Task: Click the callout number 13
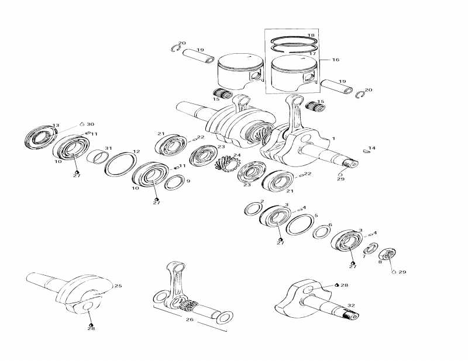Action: [56, 126]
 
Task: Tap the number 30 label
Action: [90, 124]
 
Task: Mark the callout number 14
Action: [372, 148]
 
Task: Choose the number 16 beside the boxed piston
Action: [335, 60]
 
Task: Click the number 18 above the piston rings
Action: [311, 36]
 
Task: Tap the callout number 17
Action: [312, 54]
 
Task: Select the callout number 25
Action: [118, 286]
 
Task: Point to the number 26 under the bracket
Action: [189, 319]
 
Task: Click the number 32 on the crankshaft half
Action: [351, 306]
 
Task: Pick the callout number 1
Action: [333, 138]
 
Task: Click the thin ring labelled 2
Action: [253, 209]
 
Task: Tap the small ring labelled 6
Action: [320, 232]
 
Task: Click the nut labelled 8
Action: [387, 255]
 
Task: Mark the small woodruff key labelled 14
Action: [366, 151]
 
